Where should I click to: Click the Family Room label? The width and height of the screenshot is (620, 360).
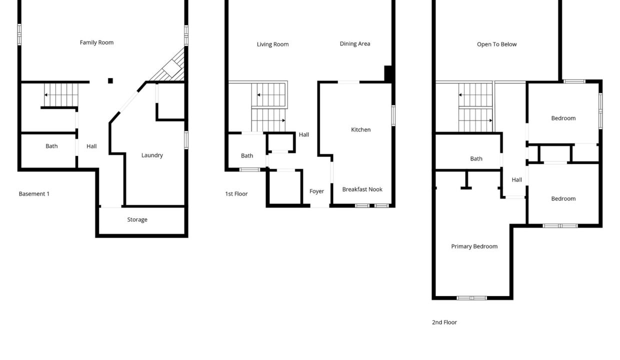tap(96, 42)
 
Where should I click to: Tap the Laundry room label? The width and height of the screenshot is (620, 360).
tap(152, 155)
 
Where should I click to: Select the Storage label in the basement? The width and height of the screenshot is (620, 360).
tap(137, 219)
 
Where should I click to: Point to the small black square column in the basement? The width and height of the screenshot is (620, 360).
tap(110, 81)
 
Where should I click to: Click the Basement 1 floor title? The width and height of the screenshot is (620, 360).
tap(34, 193)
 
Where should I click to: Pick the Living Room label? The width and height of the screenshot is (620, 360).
tap(272, 44)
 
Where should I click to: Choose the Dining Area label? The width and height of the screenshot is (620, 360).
tap(355, 43)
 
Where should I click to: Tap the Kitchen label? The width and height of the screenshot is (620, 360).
tap(360, 129)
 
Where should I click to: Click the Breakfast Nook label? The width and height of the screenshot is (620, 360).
tap(362, 189)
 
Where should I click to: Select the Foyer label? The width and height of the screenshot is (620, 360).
tap(316, 191)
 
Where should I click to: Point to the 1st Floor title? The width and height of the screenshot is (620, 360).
tap(236, 193)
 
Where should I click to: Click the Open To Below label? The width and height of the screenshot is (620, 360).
tap(496, 44)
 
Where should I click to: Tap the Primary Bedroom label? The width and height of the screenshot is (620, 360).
tap(474, 246)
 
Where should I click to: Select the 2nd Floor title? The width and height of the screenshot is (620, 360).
tap(444, 322)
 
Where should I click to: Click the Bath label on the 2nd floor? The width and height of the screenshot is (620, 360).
tap(476, 158)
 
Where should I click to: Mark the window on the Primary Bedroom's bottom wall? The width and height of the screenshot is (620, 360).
tap(471, 298)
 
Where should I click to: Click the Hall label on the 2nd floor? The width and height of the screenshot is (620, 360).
tap(516, 180)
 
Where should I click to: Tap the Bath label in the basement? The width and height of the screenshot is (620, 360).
tap(51, 146)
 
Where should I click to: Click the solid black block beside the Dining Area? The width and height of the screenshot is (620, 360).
tap(388, 73)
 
